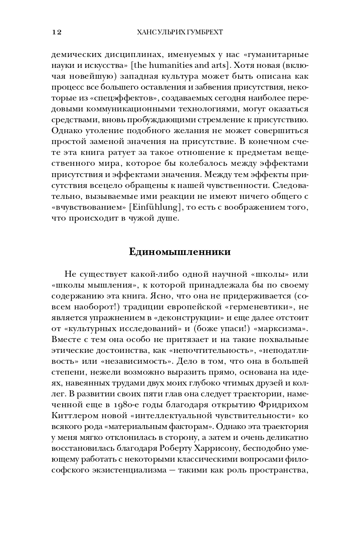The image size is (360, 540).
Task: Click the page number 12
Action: (x=57, y=32)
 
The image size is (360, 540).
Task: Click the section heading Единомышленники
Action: (x=180, y=252)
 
